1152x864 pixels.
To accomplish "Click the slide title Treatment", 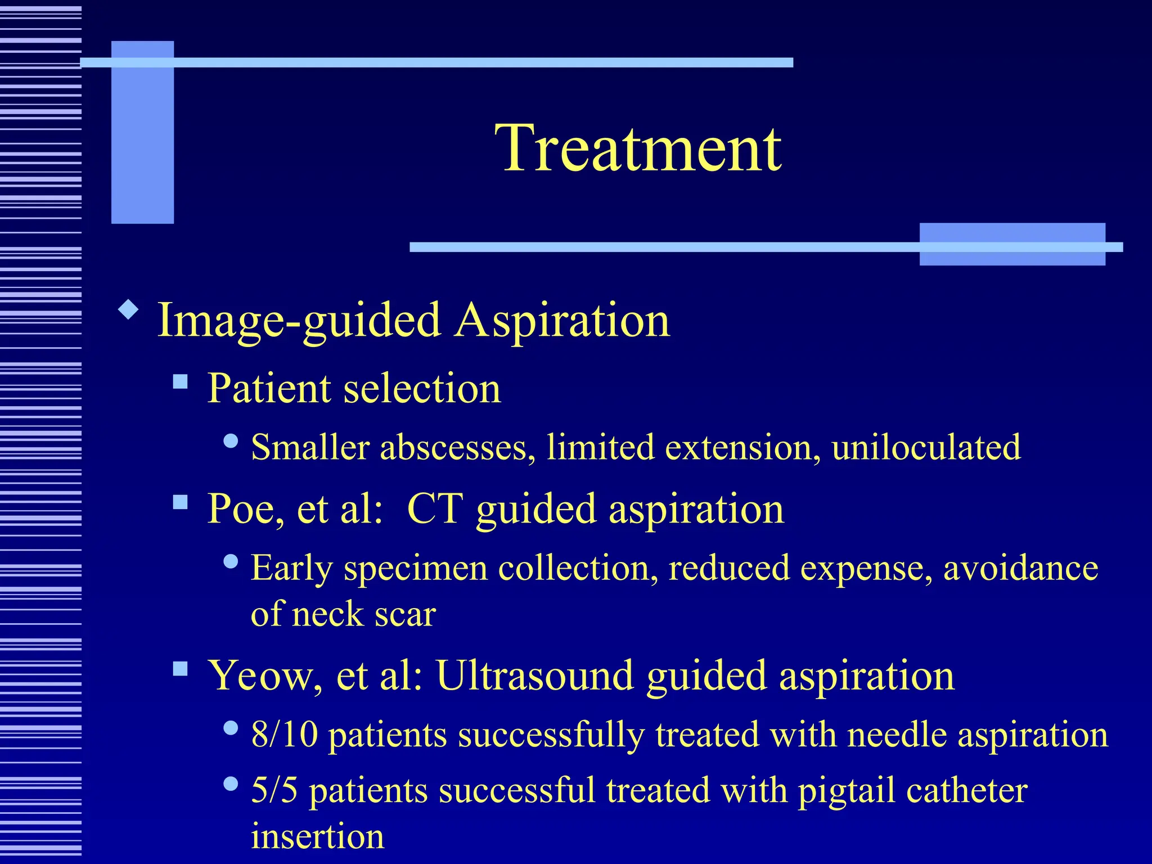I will (x=638, y=148).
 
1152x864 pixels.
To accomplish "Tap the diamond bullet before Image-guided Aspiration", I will (x=129, y=309).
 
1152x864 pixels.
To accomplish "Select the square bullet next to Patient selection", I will (x=180, y=382).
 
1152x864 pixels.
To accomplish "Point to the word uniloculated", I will (x=926, y=448).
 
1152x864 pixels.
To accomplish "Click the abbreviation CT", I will (x=434, y=508).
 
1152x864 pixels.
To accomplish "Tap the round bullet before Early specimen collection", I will (x=231, y=561).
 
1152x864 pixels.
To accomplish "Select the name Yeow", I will (x=260, y=675).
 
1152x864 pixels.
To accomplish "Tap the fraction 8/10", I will (x=284, y=735).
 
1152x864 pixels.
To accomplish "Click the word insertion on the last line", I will (x=317, y=836).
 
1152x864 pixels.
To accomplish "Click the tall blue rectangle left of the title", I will (x=142, y=132).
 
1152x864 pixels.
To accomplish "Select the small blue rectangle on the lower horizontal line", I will (x=1012, y=244).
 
